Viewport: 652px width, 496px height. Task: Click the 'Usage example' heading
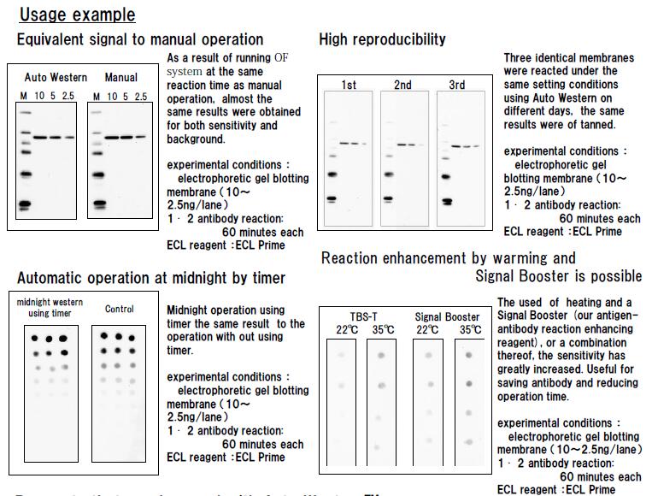click(x=77, y=15)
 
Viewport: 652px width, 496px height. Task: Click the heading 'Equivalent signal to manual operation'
click(x=140, y=39)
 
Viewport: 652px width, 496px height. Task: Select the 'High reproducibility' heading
click(x=382, y=39)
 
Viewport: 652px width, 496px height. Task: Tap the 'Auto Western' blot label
click(x=56, y=77)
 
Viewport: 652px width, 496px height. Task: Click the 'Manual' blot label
click(x=120, y=77)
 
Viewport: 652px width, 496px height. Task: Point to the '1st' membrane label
click(x=349, y=85)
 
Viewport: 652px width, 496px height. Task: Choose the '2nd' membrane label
click(x=402, y=85)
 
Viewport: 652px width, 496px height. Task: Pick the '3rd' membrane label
click(x=457, y=85)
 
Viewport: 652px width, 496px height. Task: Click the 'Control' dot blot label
click(x=120, y=309)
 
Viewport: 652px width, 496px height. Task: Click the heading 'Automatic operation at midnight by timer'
click(x=151, y=278)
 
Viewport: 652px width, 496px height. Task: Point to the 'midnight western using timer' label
click(x=50, y=309)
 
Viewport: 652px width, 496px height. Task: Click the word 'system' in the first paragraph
click(x=185, y=72)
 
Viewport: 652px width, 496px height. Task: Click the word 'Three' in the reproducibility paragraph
click(x=520, y=59)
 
